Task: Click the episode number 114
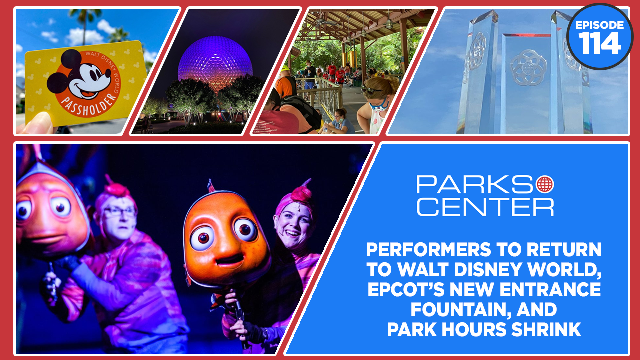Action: pyautogui.click(x=599, y=43)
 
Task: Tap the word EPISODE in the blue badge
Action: pyautogui.click(x=599, y=25)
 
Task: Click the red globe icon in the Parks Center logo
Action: pyautogui.click(x=545, y=184)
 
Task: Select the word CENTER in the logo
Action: pyautogui.click(x=485, y=207)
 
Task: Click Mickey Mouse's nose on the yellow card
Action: pyautogui.click(x=108, y=73)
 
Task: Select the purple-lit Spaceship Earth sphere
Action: pyautogui.click(x=215, y=63)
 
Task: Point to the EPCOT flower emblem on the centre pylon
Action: pyautogui.click(x=528, y=68)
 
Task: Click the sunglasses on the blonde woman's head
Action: pyautogui.click(x=371, y=90)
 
